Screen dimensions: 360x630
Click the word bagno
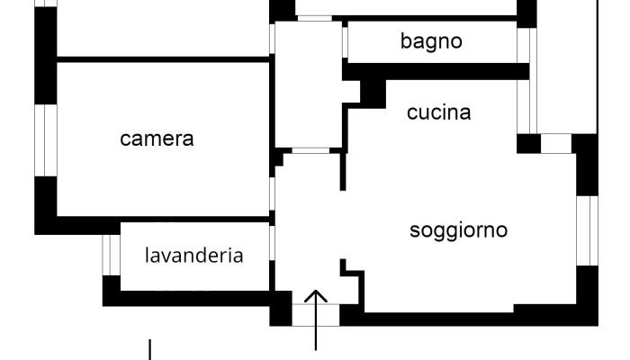point(431,40)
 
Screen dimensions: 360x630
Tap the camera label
point(157,139)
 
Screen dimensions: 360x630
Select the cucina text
point(438,112)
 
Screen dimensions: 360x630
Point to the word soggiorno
point(458,229)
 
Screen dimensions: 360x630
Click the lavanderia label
point(193,255)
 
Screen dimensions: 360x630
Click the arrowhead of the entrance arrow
point(316,295)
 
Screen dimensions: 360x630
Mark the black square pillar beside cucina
point(371,91)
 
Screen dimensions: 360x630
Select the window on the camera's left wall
point(45,139)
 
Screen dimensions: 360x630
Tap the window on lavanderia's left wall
point(111,254)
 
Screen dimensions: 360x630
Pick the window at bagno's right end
point(523,41)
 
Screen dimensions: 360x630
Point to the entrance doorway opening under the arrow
point(316,316)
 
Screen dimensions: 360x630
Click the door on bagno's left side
point(345,41)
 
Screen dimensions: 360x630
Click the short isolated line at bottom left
point(149,347)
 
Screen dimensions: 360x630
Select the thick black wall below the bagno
point(436,70)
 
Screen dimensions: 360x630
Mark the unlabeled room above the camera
point(162,27)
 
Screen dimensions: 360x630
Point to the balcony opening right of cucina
point(555,143)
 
